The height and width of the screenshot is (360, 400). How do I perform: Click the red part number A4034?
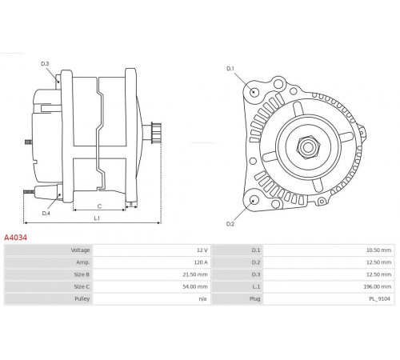tap(15, 238)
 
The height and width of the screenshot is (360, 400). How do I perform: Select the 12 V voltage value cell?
tap(202, 250)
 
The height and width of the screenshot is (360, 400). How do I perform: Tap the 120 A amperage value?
tap(201, 262)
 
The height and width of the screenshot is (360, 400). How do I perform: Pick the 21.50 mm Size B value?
tap(195, 274)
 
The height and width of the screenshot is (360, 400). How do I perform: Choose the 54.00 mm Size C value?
tap(195, 286)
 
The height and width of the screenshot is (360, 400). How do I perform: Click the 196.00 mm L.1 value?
tap(378, 286)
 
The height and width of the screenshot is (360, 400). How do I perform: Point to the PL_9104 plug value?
tap(379, 299)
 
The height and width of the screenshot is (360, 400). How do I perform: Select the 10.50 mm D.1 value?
tap(378, 250)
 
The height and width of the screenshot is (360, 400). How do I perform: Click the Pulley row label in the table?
tap(82, 299)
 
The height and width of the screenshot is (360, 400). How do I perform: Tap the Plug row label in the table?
tap(255, 299)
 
